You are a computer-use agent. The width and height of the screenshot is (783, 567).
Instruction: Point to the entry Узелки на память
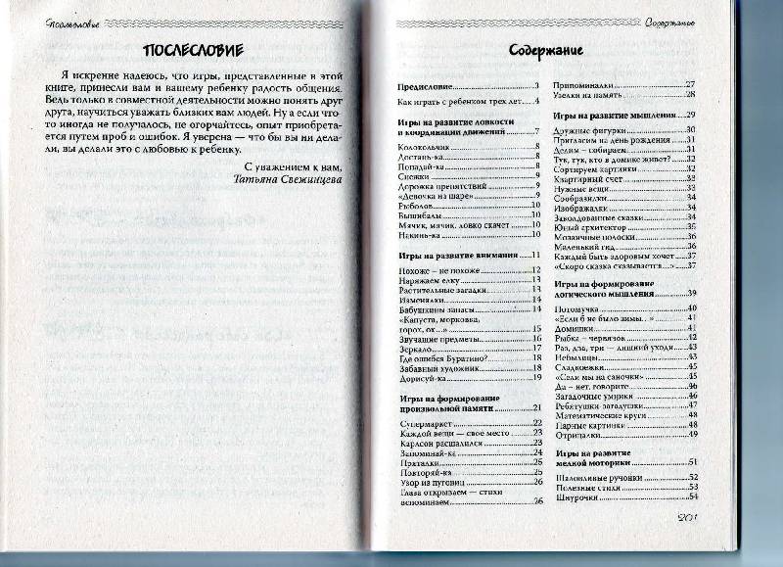[x=597, y=95]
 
